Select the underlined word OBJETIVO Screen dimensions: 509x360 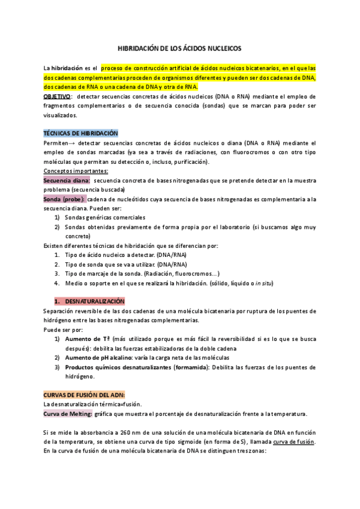click(57, 96)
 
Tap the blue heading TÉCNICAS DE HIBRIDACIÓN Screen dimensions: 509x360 click(81, 133)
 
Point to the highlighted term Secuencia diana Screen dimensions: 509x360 click(67, 180)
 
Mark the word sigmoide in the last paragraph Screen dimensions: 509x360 click(191, 442)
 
